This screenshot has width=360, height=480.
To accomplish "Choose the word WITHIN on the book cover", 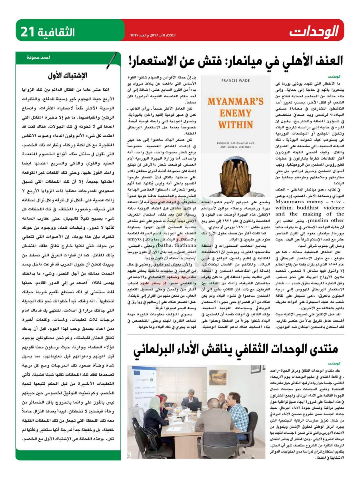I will [x=221, y=135].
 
